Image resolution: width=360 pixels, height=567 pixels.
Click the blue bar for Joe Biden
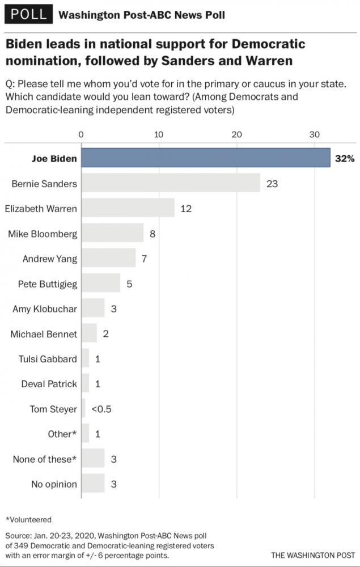click(x=205, y=158)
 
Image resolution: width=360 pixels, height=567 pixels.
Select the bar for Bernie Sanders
click(x=170, y=183)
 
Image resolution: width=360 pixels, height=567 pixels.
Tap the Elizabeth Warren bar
click(x=128, y=208)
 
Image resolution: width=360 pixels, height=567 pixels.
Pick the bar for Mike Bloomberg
click(x=112, y=233)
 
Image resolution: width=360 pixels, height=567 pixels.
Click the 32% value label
click(x=344, y=158)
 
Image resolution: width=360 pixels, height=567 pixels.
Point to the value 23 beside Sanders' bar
click(x=272, y=183)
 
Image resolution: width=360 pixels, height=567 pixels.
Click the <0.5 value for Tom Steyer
click(x=102, y=409)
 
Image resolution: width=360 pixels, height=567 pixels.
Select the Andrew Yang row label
click(x=49, y=259)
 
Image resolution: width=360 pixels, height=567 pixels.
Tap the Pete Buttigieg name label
click(x=47, y=283)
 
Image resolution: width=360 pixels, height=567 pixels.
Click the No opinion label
click(x=54, y=484)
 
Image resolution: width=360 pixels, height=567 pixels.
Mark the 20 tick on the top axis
click(x=236, y=134)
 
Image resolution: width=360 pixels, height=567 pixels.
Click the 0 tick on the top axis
click(x=81, y=134)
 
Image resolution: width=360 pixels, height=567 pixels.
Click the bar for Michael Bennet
click(x=89, y=333)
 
